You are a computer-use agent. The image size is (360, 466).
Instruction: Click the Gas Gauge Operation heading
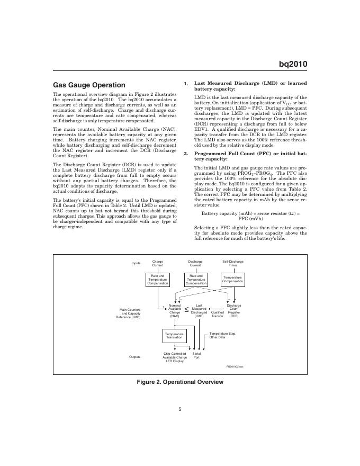pos(89,85)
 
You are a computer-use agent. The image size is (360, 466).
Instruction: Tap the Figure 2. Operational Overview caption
pos(180,382)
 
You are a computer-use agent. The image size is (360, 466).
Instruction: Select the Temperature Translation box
pos(174,336)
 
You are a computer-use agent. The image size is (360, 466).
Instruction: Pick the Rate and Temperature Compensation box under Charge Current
pos(158,279)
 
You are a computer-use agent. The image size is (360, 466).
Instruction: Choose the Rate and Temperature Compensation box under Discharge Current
pos(196,279)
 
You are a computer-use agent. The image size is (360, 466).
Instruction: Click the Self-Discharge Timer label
pos(233,263)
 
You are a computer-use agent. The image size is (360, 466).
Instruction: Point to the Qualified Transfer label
pos(218,314)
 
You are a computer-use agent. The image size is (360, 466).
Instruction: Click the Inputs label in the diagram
pos(136,263)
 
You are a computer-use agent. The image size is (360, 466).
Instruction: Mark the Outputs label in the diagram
pos(135,357)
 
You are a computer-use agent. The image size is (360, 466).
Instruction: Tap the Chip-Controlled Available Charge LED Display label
pos(174,358)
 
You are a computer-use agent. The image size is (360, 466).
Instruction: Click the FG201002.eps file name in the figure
pos(235,366)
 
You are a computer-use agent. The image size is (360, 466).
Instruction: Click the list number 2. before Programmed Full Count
pos(186,154)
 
